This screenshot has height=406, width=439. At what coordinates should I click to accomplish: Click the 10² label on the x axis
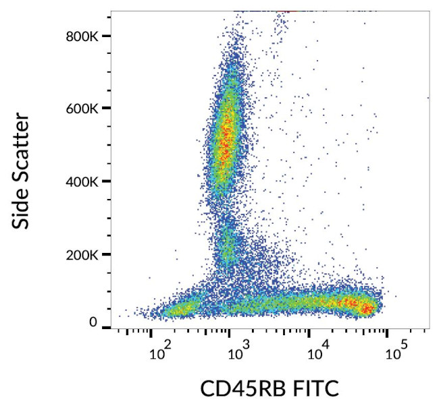tap(159, 351)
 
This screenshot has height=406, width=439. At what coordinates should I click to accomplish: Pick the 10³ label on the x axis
tap(238, 351)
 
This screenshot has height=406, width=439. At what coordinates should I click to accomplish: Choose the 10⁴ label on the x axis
tap(317, 351)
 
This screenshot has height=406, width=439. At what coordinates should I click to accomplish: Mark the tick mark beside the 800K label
tap(107, 36)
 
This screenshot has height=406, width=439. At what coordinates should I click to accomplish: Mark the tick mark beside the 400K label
tap(107, 181)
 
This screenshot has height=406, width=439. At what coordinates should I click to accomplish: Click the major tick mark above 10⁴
tap(309, 331)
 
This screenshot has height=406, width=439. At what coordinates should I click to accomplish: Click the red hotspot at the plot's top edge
tap(288, 11)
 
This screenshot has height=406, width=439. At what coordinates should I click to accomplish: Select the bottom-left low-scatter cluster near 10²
tap(177, 310)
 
